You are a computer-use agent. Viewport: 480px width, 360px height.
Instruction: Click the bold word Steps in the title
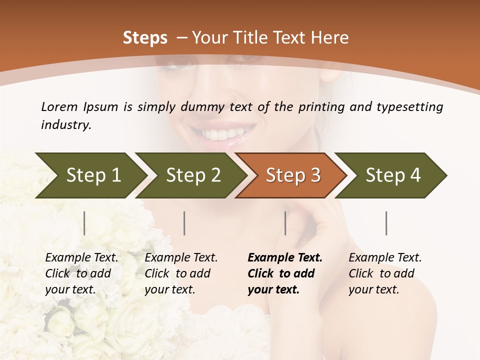145,38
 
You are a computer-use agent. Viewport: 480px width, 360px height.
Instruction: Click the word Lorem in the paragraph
59,107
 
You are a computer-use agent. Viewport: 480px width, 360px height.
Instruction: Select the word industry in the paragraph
65,125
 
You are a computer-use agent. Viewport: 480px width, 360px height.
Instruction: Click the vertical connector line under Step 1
84,223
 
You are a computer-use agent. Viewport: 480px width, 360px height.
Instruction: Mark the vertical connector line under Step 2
184,223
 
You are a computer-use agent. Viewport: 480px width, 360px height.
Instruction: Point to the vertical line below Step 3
285,223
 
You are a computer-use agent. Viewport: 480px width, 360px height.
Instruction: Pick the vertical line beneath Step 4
386,223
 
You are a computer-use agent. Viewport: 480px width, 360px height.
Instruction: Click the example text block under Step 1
81,273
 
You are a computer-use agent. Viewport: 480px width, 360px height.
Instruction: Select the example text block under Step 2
181,273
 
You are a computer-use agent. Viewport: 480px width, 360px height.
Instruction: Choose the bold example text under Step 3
284,273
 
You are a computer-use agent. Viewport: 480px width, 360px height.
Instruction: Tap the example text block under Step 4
384,273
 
